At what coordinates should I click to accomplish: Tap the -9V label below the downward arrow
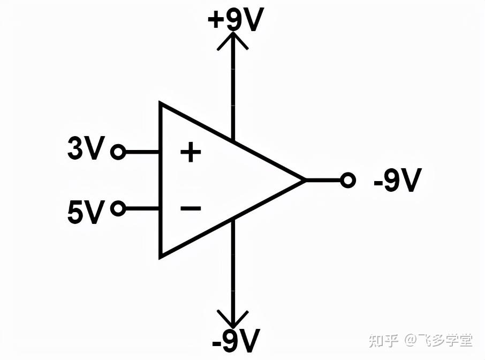coord(236,341)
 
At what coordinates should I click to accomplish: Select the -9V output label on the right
coord(398,181)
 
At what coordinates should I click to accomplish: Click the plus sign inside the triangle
coord(190,153)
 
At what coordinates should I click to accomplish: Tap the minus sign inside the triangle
coord(190,208)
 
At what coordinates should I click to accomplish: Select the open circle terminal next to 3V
coord(118,153)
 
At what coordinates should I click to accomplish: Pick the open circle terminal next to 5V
coord(118,208)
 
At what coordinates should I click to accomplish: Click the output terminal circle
coord(348,181)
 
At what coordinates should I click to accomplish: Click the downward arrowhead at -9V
coord(233,320)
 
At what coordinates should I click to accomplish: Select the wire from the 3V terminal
coord(142,153)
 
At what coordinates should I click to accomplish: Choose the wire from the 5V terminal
coord(142,208)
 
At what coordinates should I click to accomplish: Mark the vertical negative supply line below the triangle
coord(233,268)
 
